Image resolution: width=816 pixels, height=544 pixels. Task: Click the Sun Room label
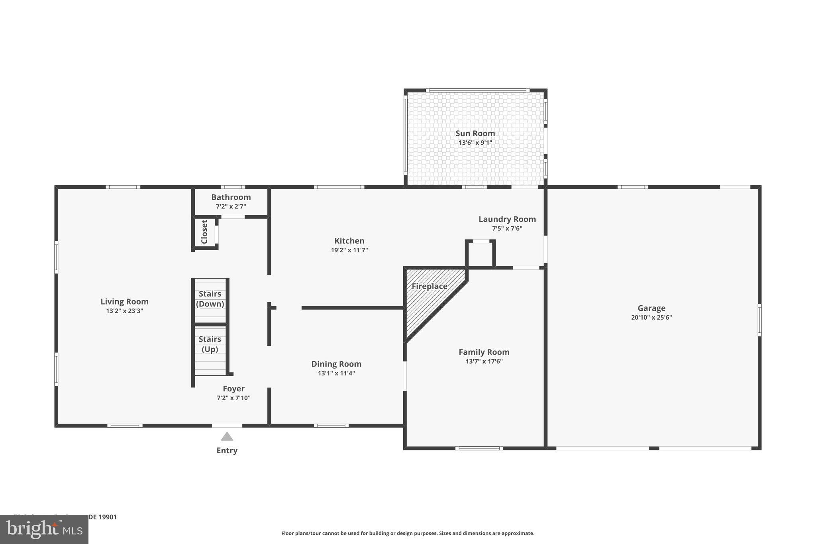pyautogui.click(x=475, y=134)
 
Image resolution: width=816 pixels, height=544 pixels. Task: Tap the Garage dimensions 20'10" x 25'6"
pyautogui.click(x=651, y=318)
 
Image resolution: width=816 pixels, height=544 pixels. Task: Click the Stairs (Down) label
pyautogui.click(x=210, y=299)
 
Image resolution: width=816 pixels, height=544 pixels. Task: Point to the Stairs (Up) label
pyautogui.click(x=210, y=344)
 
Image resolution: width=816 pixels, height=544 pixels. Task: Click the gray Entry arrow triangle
pyautogui.click(x=227, y=436)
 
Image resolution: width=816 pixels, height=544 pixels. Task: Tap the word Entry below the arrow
pyautogui.click(x=227, y=450)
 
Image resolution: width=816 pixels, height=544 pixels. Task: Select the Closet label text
pyautogui.click(x=204, y=232)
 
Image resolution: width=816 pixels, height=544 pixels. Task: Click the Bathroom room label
pyautogui.click(x=231, y=197)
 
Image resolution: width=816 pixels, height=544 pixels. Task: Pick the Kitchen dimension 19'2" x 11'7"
pyautogui.click(x=349, y=250)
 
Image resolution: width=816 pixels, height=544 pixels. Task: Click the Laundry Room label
pyautogui.click(x=507, y=219)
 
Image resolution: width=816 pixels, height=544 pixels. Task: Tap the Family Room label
pyautogui.click(x=484, y=352)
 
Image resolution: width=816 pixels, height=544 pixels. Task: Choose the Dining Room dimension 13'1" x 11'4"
pyautogui.click(x=336, y=373)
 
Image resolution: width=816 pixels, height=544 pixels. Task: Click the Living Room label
pyautogui.click(x=124, y=302)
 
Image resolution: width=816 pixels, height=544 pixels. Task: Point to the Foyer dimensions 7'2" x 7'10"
pyautogui.click(x=233, y=398)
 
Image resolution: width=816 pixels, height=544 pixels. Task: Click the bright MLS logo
pyautogui.click(x=44, y=529)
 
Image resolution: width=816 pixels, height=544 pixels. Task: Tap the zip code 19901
pyautogui.click(x=107, y=517)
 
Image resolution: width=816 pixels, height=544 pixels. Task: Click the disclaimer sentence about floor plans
pyautogui.click(x=408, y=533)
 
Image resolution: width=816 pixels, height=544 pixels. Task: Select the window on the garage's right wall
pyautogui.click(x=759, y=320)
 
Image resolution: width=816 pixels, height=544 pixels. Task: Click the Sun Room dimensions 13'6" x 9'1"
pyautogui.click(x=475, y=143)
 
